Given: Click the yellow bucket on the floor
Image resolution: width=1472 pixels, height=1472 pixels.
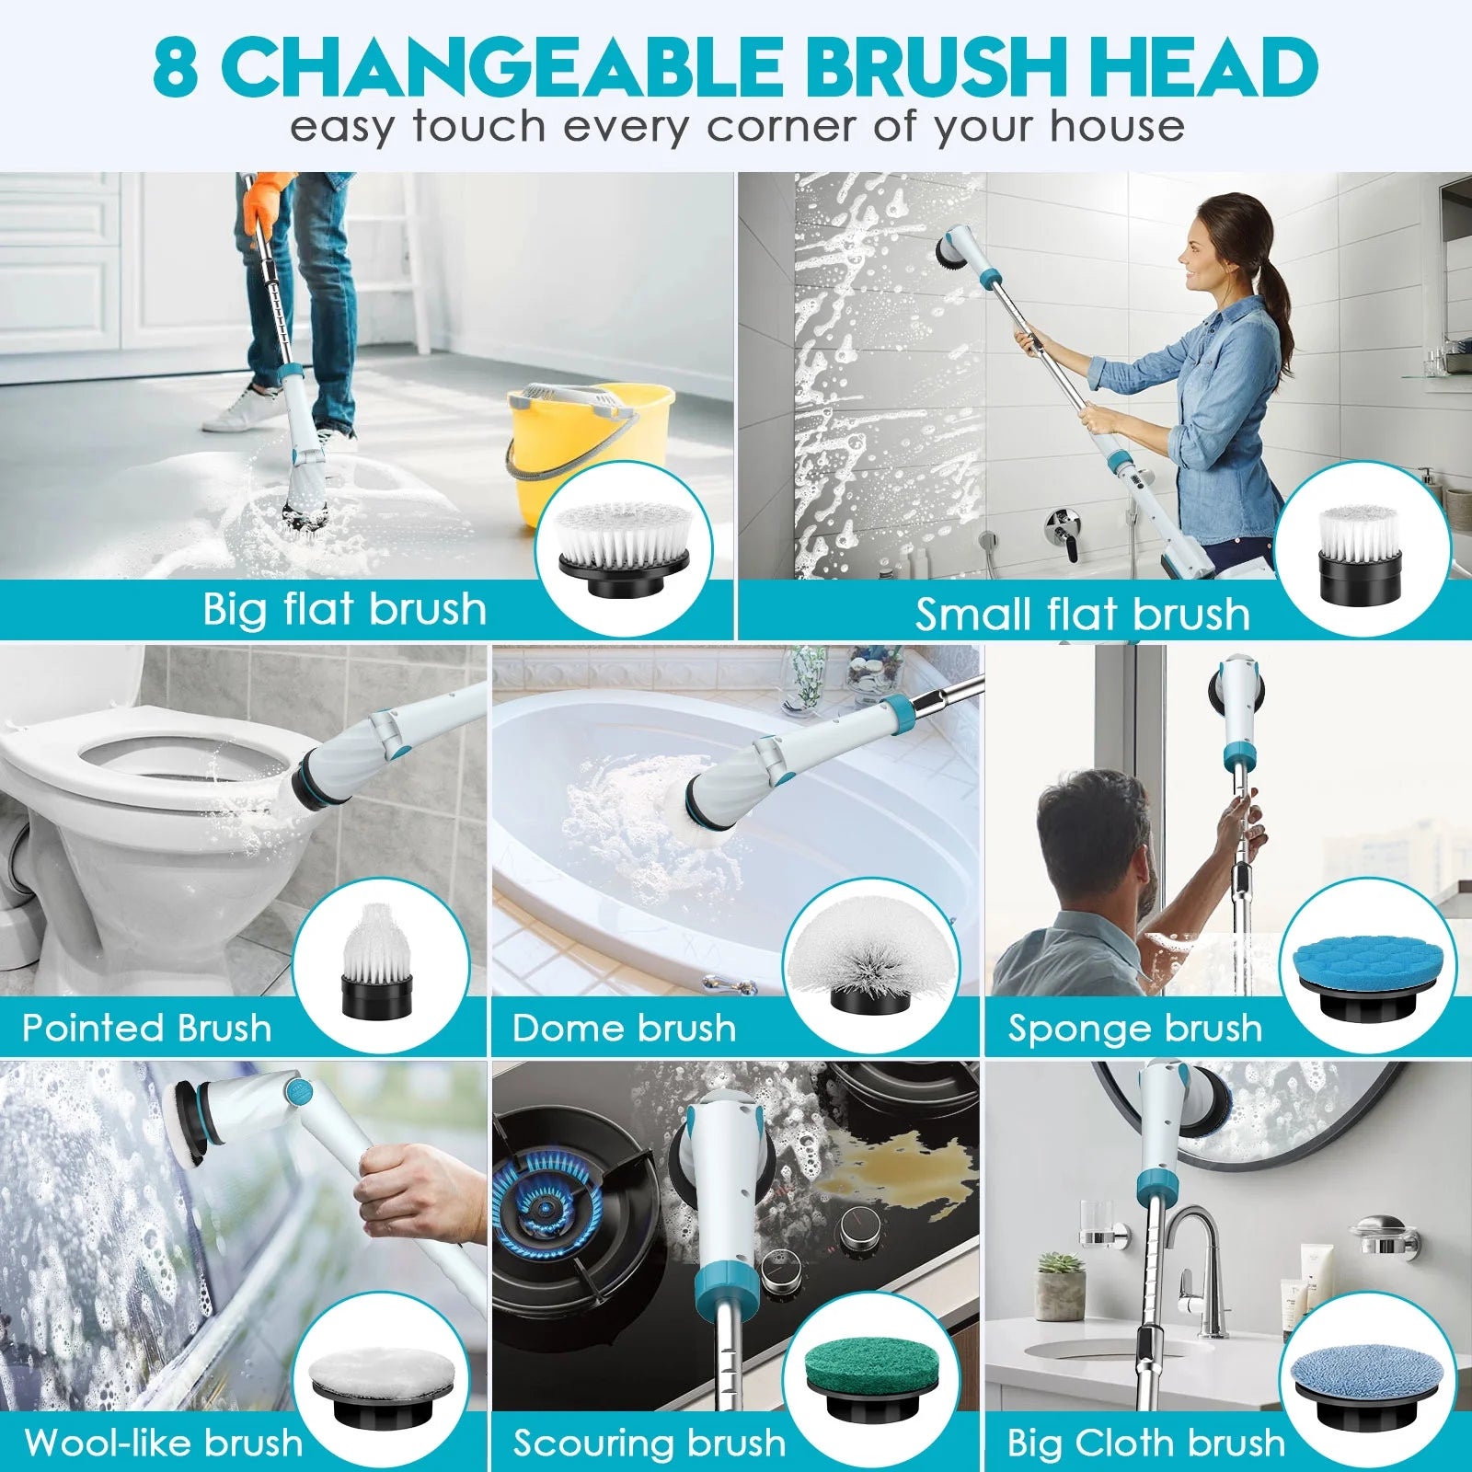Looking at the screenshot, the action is click(x=589, y=451).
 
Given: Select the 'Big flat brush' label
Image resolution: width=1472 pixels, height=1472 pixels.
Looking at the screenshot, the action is click(x=344, y=609).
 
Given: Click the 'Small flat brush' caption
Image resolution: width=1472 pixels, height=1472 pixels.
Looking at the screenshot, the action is click(x=1083, y=614).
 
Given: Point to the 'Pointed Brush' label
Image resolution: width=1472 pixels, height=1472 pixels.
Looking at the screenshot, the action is click(x=147, y=1028).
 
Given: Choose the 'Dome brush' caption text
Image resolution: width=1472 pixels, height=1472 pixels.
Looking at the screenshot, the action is click(x=625, y=1028).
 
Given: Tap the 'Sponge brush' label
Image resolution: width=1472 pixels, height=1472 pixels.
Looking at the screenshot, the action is click(x=1135, y=1029).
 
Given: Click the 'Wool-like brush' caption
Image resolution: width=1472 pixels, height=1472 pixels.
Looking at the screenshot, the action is click(x=164, y=1442).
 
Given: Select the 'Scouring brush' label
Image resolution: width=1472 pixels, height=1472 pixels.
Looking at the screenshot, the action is click(x=650, y=1443).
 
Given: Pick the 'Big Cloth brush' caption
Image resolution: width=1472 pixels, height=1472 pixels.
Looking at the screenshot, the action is click(x=1146, y=1442).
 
